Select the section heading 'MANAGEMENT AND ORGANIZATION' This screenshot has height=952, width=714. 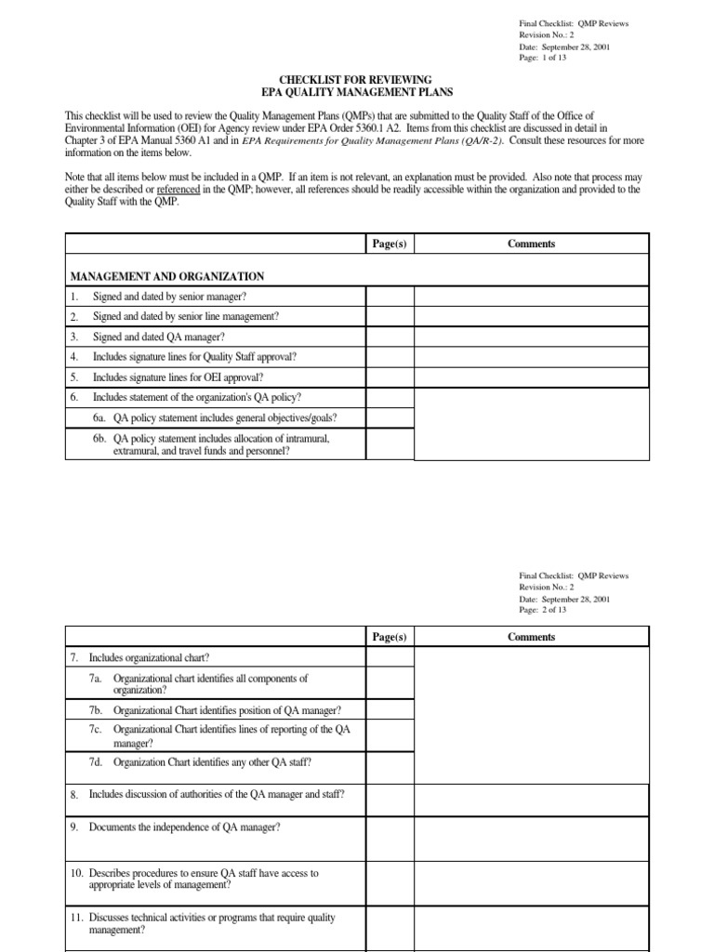click(x=167, y=276)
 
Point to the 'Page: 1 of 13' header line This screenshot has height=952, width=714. click(x=542, y=58)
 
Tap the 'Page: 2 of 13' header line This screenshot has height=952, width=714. click(x=542, y=610)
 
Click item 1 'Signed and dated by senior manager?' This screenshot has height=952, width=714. click(x=170, y=297)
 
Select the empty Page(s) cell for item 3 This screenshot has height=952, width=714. click(x=389, y=337)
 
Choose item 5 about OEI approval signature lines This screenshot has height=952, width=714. click(x=178, y=377)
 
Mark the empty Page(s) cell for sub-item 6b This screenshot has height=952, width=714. click(x=389, y=443)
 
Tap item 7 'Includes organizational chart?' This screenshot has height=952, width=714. click(x=149, y=658)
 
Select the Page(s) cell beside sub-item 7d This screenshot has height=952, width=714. click(x=389, y=761)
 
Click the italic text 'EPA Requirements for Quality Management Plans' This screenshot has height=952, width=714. click(x=357, y=141)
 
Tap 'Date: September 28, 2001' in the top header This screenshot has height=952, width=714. click(x=565, y=46)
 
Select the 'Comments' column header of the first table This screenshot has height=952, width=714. click(x=531, y=244)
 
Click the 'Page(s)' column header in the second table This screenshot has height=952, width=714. click(x=389, y=637)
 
